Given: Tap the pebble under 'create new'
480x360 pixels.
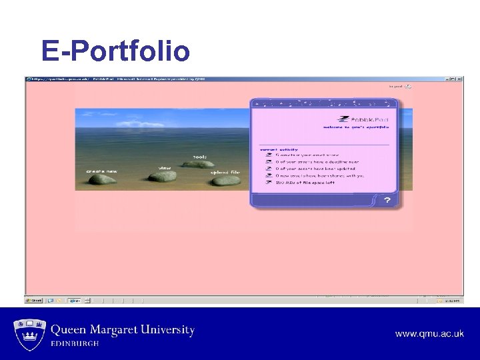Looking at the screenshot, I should click(103, 181).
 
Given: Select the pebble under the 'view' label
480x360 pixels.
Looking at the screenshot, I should click(162, 177).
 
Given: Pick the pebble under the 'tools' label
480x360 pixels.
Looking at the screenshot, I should click(198, 163).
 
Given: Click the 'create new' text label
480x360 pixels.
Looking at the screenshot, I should click(101, 171).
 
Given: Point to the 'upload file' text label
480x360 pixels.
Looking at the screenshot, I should click(225, 172).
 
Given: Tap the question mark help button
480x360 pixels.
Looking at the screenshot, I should click(387, 200).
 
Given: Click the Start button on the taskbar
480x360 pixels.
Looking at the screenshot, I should click(34, 301).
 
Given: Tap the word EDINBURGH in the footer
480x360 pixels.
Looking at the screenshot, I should click(75, 343).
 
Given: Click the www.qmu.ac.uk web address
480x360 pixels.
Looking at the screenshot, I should click(429, 333).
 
